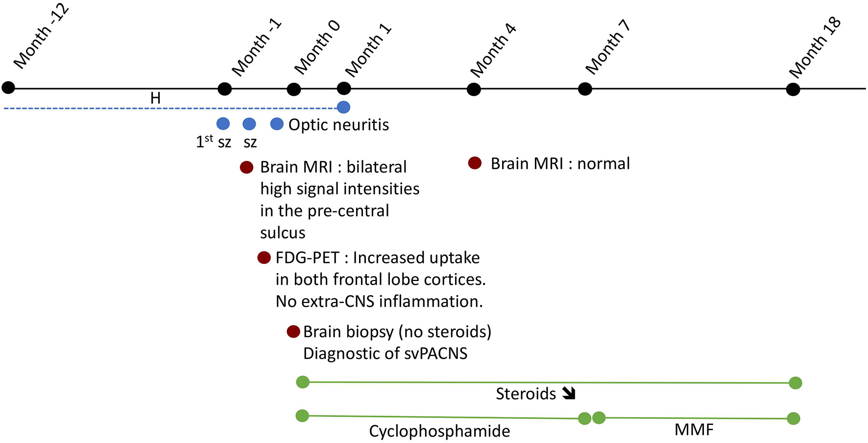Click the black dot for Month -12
[8, 88]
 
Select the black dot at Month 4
[474, 90]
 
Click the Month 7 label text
[607, 47]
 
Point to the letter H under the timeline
[155, 98]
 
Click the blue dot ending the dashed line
[344, 107]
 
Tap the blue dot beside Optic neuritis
[277, 124]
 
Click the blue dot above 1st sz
[223, 124]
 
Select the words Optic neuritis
[338, 125]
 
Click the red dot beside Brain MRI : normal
[475, 163]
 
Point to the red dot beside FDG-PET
[264, 257]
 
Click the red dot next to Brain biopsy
[293, 332]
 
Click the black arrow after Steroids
[569, 393]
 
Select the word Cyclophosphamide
[439, 431]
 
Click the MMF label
[694, 430]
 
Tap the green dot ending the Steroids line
[796, 383]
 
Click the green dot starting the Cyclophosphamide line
[302, 416]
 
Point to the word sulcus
[283, 233]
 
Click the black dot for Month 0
[293, 89]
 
